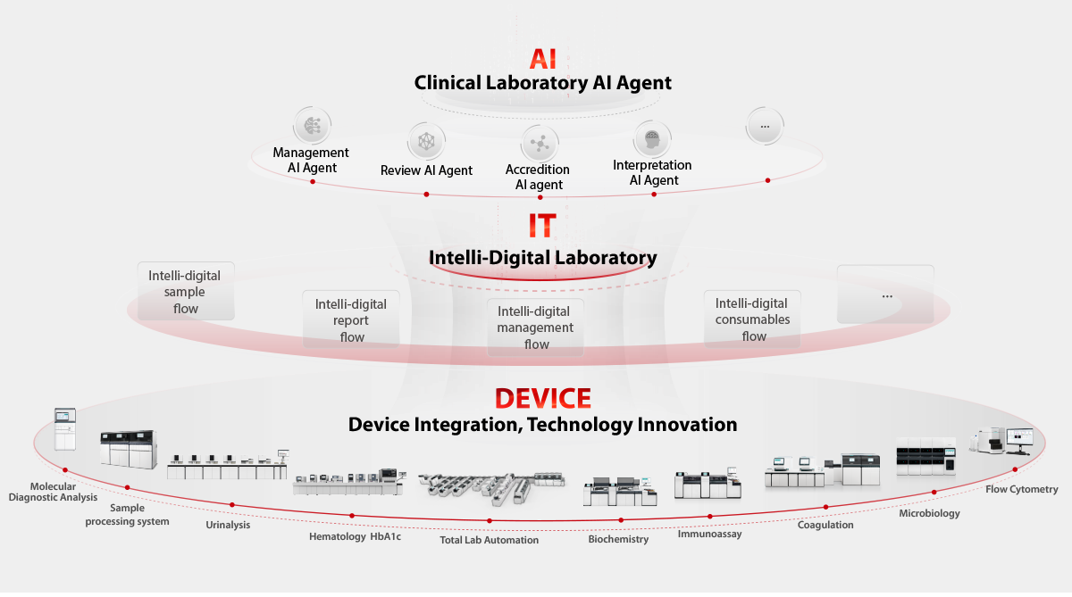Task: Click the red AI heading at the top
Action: coord(543,59)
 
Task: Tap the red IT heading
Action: coord(542,226)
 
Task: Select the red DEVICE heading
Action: coord(543,398)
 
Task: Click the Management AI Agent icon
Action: coord(312,126)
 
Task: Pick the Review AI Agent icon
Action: coord(426,142)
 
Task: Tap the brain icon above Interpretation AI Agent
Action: coord(652,139)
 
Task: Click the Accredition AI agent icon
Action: coord(540,144)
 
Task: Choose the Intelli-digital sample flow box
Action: coord(186,291)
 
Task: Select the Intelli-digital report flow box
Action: coord(351,319)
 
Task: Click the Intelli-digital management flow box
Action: coord(535,328)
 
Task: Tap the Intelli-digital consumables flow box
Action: coord(752,319)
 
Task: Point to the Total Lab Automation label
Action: coord(490,540)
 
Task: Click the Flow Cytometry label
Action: coord(1021,489)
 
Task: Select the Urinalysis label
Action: coord(228,525)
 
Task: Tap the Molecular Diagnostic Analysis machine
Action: coord(65,429)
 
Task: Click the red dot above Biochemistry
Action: coord(621,520)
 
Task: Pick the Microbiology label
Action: coord(929,513)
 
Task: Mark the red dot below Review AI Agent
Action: coord(426,195)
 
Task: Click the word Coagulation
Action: coord(825,525)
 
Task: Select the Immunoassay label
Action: coord(709,534)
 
